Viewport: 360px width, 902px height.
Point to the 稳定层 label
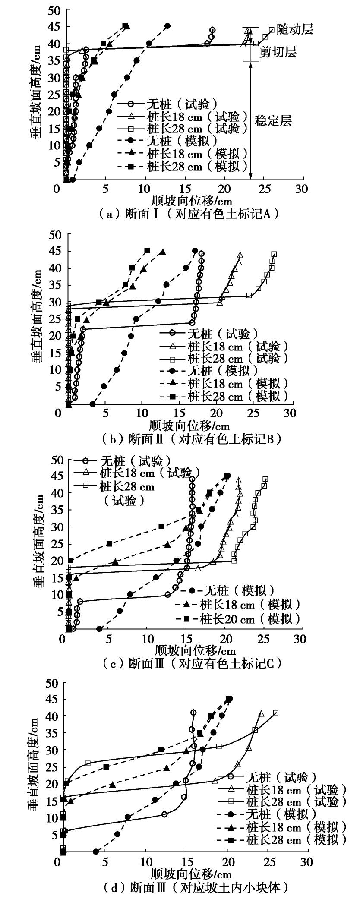tap(273, 120)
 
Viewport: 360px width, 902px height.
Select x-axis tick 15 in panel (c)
tap(187, 638)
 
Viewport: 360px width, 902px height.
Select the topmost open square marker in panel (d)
tap(276, 713)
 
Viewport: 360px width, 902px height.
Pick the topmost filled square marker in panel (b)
tap(147, 251)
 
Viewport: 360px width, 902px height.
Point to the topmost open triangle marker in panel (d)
tap(261, 714)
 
